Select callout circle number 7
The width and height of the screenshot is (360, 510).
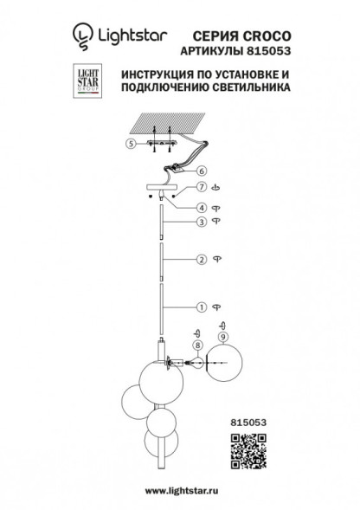(200, 188)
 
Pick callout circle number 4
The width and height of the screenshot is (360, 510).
(200, 207)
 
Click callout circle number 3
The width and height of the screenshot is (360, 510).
(200, 223)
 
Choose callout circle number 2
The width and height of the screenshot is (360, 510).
(200, 259)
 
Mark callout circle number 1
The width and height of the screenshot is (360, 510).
(200, 307)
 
